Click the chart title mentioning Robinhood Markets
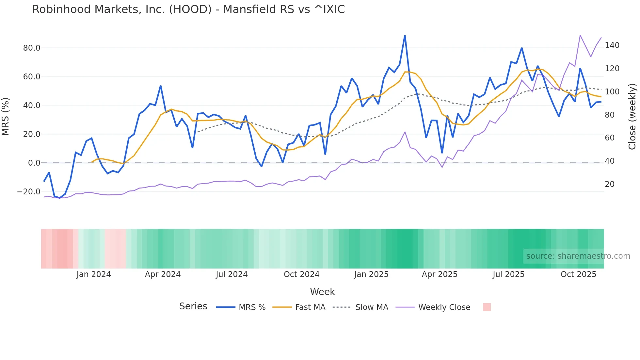click(188, 9)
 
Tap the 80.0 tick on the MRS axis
click(32, 48)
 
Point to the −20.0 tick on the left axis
click(29, 192)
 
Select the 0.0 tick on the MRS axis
click(34, 163)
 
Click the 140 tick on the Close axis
click(612, 45)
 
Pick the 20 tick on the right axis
click(610, 184)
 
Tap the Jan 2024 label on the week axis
click(94, 274)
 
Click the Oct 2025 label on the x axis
click(578, 274)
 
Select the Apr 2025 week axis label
click(440, 274)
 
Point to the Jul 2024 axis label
click(232, 274)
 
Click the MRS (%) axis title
click(6, 117)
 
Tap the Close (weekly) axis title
click(632, 117)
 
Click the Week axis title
click(322, 292)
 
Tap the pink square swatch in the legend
click(487, 307)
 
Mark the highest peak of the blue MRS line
click(405, 36)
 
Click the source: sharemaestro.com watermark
click(578, 256)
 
